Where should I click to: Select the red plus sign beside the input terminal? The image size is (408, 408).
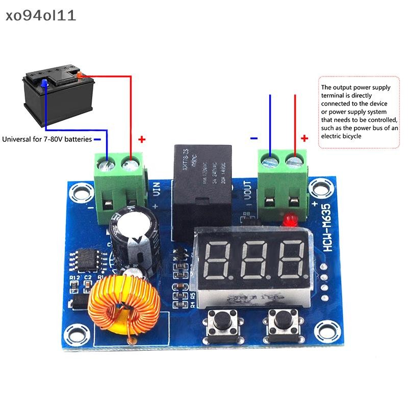coord(142,139)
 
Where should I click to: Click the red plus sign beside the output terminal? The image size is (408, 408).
coord(304,138)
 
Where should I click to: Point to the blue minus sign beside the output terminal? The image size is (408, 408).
coord(254,138)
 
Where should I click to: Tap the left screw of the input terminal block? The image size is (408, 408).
coord(108,164)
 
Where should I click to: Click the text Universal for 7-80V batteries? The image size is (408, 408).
coord(47,139)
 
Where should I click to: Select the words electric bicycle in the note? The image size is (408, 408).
coord(342,136)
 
